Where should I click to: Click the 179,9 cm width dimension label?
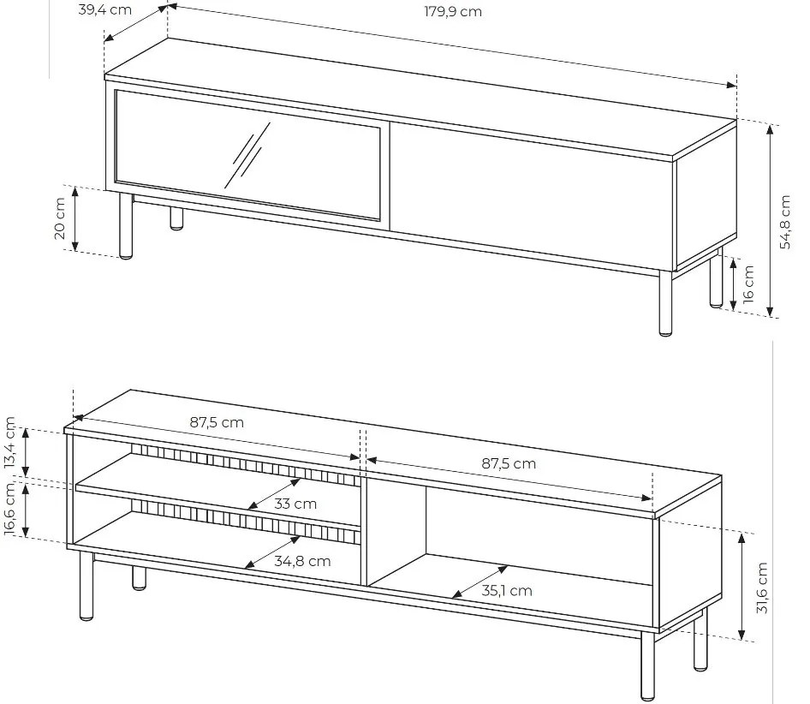point(453,11)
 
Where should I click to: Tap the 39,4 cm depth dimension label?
point(104,9)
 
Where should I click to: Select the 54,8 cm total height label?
point(785,222)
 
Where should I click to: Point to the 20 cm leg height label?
point(60,218)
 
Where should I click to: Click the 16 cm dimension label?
point(748,283)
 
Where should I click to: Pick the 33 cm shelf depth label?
point(295,504)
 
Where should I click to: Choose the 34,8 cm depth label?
point(302,561)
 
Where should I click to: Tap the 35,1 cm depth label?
point(507,591)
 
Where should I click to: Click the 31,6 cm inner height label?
point(762,588)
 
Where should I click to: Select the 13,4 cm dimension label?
point(9,443)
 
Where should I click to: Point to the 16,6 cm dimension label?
point(9,509)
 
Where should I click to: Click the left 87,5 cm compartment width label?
point(217,422)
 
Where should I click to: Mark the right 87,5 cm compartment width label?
point(509,463)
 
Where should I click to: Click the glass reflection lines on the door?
point(247,155)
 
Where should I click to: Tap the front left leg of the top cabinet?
point(126,226)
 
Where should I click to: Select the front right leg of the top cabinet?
point(665,303)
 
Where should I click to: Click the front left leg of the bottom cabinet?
point(86,585)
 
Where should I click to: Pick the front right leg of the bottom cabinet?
point(647,666)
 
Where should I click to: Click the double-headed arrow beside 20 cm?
point(75,218)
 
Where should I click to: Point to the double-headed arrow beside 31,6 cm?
point(742,587)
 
